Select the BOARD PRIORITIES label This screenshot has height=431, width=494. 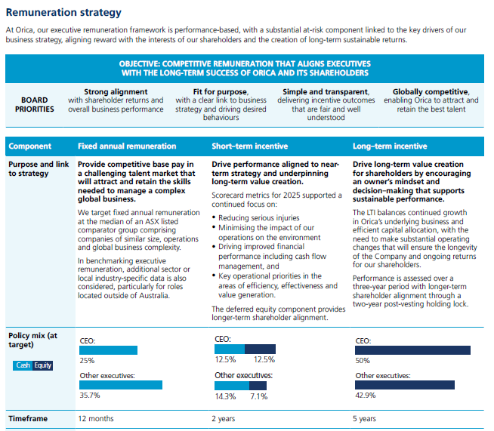[x=35, y=103]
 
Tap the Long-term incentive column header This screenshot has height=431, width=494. [x=389, y=146]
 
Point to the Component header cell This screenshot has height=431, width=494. [x=29, y=146]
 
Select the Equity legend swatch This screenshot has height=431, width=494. [x=42, y=365]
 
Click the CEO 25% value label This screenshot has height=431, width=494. [x=87, y=361]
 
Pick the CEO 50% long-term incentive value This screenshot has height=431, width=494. [x=363, y=361]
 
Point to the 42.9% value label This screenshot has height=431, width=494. [x=365, y=395]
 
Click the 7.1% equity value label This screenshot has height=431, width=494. [x=259, y=396]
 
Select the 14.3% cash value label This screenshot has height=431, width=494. [x=225, y=396]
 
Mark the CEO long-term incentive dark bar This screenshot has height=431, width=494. [x=412, y=350]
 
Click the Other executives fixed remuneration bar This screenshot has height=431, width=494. [x=121, y=384]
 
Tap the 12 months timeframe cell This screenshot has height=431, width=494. [x=96, y=418]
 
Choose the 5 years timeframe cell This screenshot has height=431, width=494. [x=365, y=418]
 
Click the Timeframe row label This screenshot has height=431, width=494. [x=29, y=418]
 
